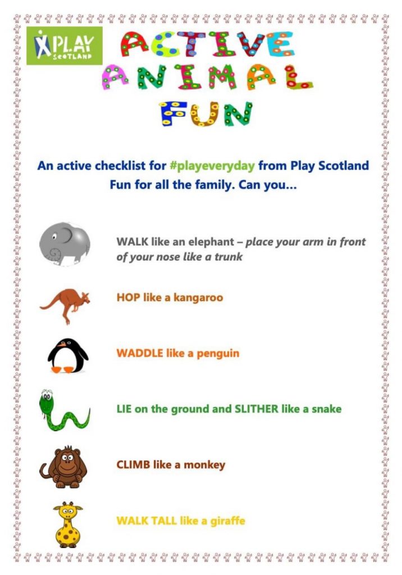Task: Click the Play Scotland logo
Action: pyautogui.click(x=65, y=45)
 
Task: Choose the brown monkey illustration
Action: pyautogui.click(x=63, y=466)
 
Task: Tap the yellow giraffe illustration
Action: pyautogui.click(x=67, y=524)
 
